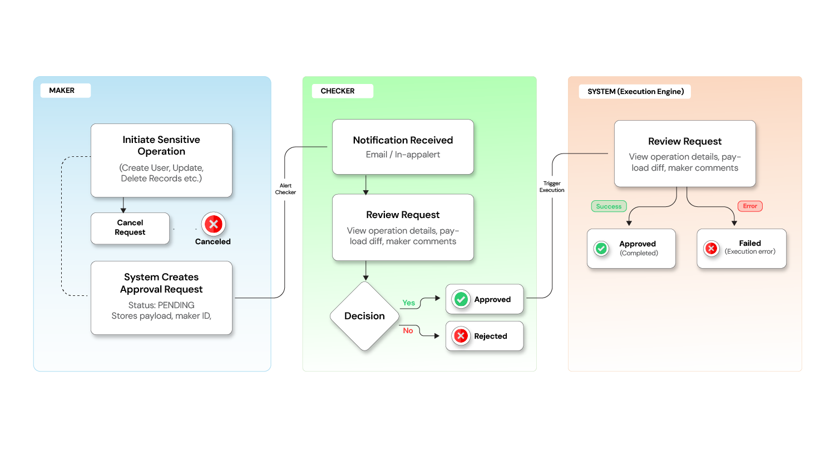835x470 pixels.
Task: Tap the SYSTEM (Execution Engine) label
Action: pos(635,92)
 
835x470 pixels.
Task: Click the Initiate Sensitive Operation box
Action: pos(161,160)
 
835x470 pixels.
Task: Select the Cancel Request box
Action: pos(130,228)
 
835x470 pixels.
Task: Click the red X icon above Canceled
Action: pos(213,224)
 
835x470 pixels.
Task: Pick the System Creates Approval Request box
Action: pos(161,298)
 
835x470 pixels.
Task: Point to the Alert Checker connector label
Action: pos(285,189)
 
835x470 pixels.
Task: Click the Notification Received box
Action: pos(403,147)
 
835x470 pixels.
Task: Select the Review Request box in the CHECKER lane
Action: pos(403,227)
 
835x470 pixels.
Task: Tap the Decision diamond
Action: pos(364,316)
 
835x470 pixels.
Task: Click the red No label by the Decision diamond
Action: pos(408,330)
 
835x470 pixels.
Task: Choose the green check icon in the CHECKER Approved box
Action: pos(461,299)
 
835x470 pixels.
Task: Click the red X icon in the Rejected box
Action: pos(461,336)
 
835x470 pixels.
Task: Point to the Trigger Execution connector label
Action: pos(552,187)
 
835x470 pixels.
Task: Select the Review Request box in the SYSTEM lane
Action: pos(685,154)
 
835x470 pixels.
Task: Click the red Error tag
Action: pos(750,206)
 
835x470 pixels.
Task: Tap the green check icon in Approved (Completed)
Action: pos(601,249)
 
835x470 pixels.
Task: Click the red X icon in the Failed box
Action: pos(711,249)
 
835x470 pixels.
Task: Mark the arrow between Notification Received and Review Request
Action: pos(365,185)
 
